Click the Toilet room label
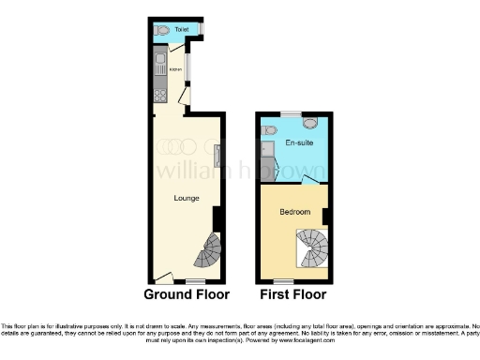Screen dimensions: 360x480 (181, 30)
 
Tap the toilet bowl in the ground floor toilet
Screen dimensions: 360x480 (163, 30)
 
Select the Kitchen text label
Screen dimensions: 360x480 (174, 68)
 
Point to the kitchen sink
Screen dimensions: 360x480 (160, 64)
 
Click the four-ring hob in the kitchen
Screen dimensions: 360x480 (160, 95)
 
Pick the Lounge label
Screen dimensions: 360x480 (186, 198)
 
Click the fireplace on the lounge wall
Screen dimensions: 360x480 (217, 157)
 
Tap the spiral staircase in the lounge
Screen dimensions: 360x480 (209, 252)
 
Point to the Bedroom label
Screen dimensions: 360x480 (294, 212)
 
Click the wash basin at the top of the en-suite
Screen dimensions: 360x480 (310, 122)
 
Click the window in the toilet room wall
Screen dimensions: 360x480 (198, 29)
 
